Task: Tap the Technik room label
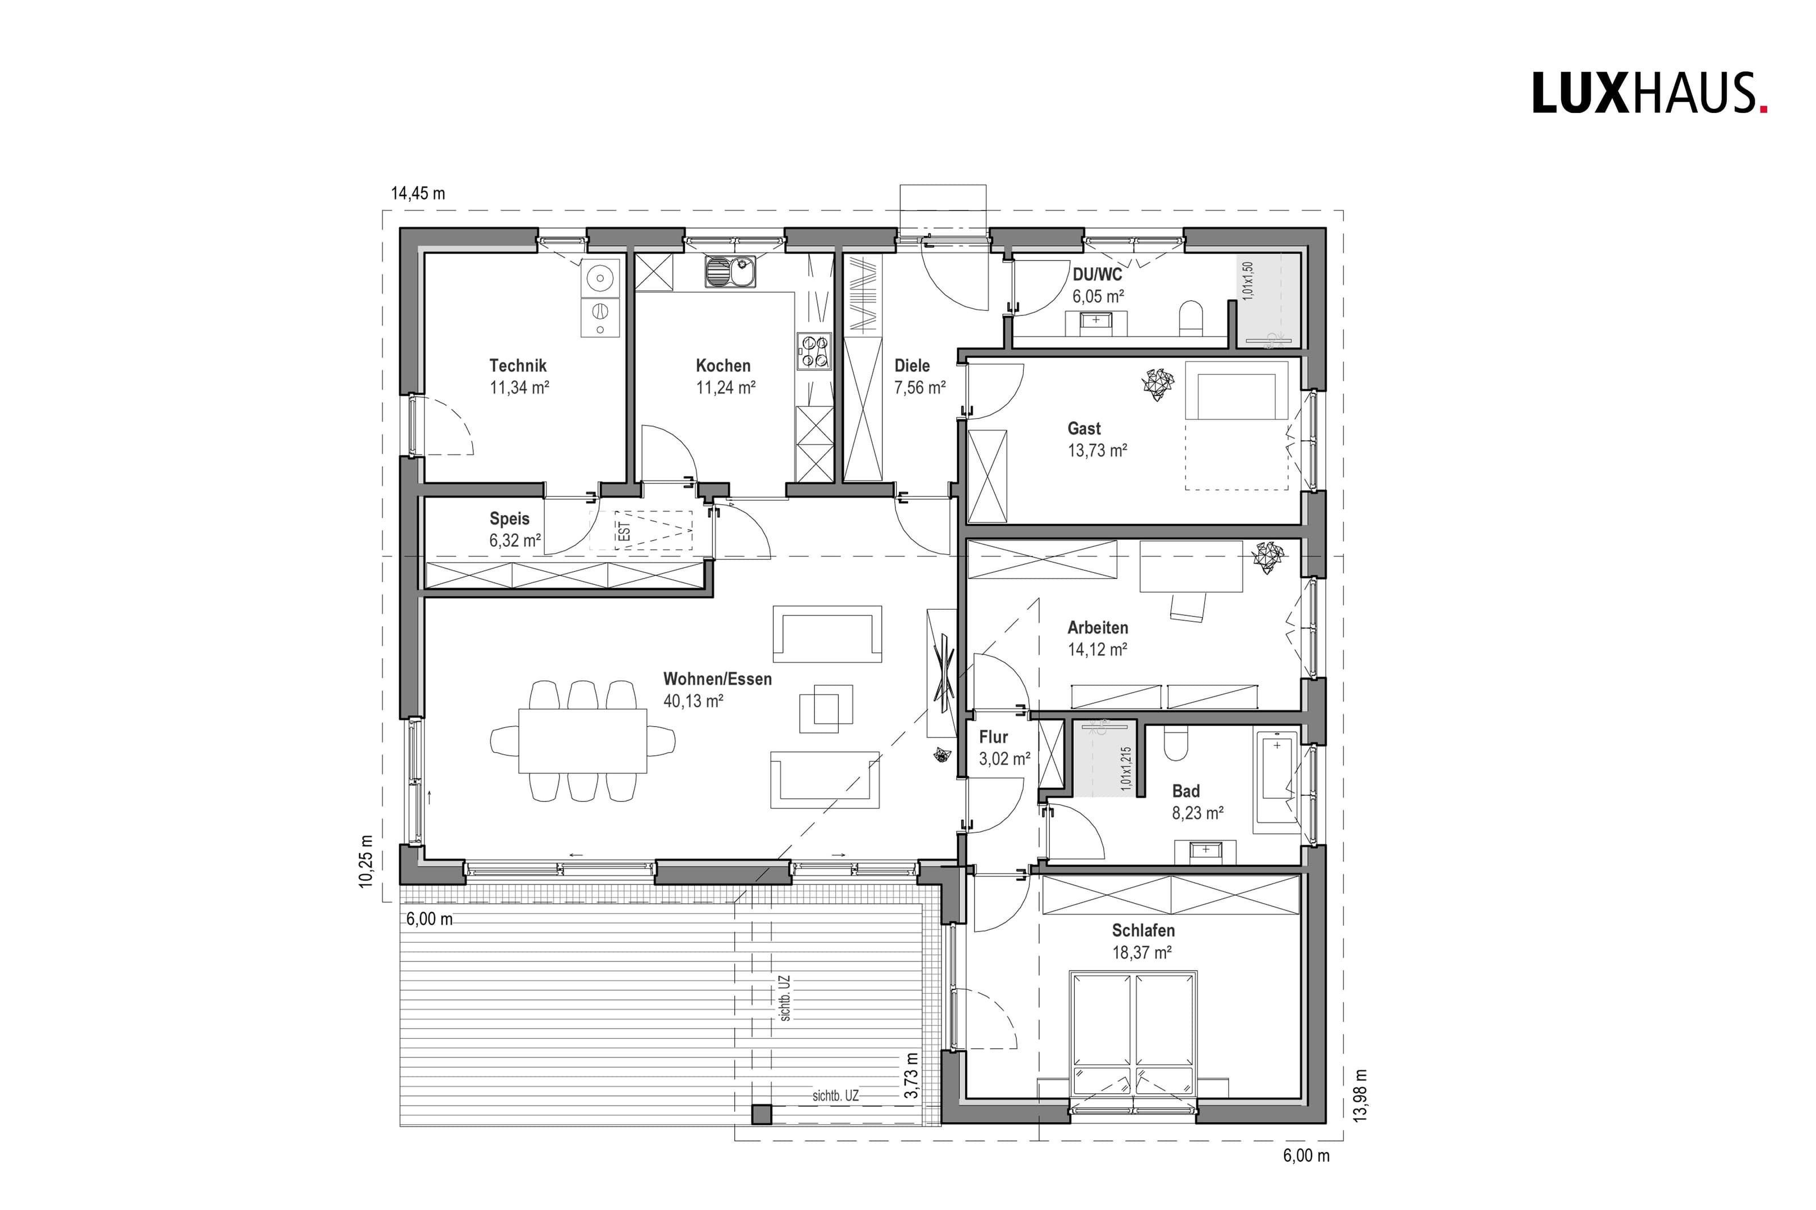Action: click(x=518, y=366)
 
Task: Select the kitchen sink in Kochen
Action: click(x=730, y=272)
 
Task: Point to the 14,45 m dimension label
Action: click(x=418, y=193)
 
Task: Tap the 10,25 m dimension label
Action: click(x=366, y=861)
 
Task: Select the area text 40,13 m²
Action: click(x=693, y=701)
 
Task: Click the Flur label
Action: click(x=993, y=737)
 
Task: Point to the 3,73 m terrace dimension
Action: click(x=912, y=1076)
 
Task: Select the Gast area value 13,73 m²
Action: click(x=1098, y=450)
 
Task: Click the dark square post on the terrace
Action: click(x=762, y=1114)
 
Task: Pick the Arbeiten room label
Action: click(x=1098, y=628)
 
